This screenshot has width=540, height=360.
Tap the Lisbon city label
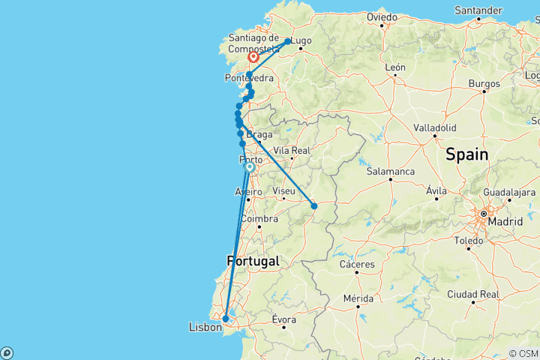click(205, 328)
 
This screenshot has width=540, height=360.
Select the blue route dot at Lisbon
click(226, 319)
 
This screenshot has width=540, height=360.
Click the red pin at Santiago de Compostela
click(253, 56)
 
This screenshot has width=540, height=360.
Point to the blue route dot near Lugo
click(287, 41)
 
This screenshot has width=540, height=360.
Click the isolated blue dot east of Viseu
click(314, 205)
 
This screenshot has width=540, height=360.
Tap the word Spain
click(466, 155)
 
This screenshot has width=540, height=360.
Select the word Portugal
click(252, 261)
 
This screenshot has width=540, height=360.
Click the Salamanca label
click(391, 172)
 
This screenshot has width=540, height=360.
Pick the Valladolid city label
click(434, 127)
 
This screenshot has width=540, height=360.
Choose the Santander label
click(478, 10)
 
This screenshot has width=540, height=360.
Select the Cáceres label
click(357, 265)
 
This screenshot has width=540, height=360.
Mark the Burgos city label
click(484, 83)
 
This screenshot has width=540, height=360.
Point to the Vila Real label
click(291, 150)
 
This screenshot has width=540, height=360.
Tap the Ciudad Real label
click(472, 294)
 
